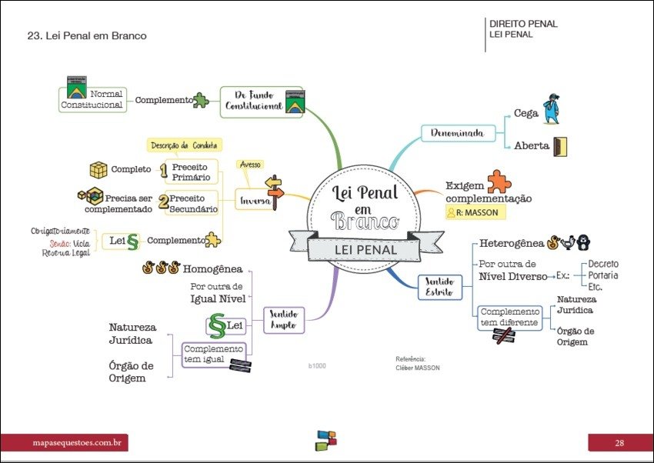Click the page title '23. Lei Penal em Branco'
[86, 36]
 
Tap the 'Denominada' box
[457, 133]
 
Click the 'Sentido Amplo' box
[284, 319]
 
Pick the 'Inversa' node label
[255, 200]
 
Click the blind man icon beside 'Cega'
[550, 110]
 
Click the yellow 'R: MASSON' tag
[472, 212]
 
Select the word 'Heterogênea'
[511, 243]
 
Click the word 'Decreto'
[603, 264]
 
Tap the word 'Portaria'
[603, 275]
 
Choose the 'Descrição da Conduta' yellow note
[184, 145]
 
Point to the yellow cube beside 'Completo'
[98, 170]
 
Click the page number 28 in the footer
[619, 442]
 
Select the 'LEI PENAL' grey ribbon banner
[365, 249]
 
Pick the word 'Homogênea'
[212, 269]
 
